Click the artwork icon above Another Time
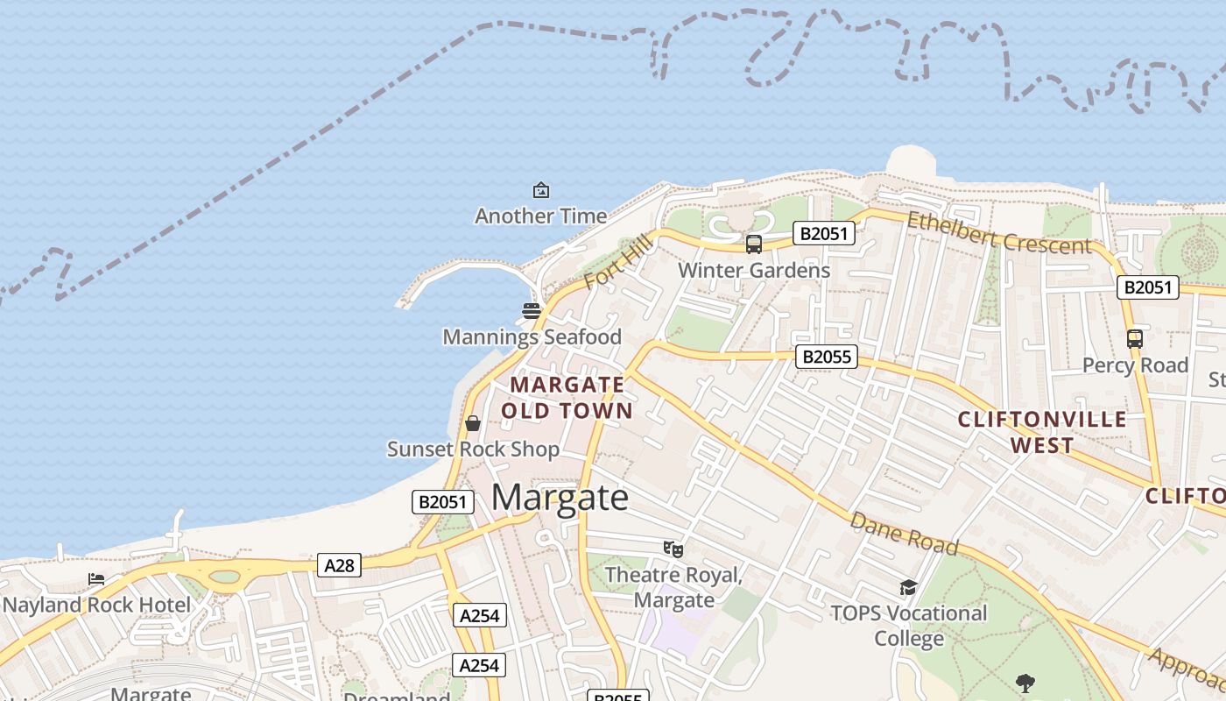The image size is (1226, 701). click(x=541, y=190)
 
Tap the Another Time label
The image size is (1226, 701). click(x=541, y=216)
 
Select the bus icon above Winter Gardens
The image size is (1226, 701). click(x=753, y=244)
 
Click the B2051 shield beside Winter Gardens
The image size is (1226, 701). click(x=823, y=233)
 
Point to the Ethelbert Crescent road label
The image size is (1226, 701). click(x=998, y=233)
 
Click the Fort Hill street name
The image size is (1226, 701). click(x=618, y=260)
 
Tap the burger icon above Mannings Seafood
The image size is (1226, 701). click(x=532, y=310)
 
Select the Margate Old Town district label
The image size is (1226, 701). click(x=567, y=398)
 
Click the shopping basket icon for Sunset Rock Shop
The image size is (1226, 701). click(x=473, y=424)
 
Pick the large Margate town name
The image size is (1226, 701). click(x=560, y=498)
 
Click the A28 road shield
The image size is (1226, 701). click(x=339, y=565)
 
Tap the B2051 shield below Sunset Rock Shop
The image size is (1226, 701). click(x=443, y=502)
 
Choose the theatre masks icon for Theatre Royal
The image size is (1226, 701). click(x=673, y=549)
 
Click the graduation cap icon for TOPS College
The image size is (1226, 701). click(x=908, y=587)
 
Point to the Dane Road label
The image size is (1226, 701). click(x=904, y=533)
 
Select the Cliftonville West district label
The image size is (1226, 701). click(x=1042, y=432)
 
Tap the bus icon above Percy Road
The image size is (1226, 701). click(x=1135, y=338)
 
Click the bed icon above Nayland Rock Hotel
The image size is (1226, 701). click(x=96, y=579)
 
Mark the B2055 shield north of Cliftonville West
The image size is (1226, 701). click(x=826, y=357)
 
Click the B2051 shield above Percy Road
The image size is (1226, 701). click(x=1147, y=287)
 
